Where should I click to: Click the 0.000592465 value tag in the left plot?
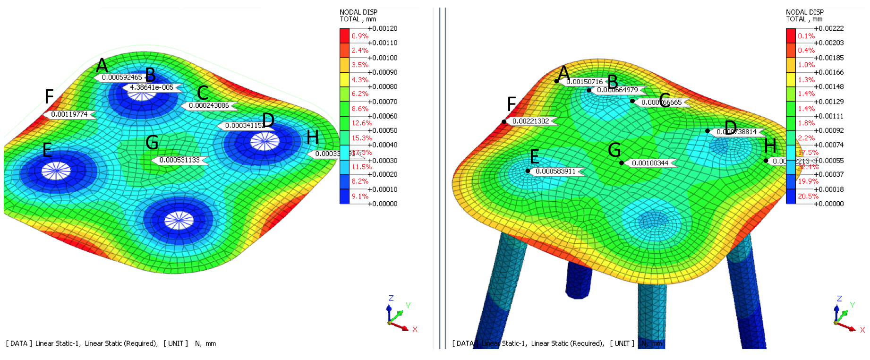pos(121,77)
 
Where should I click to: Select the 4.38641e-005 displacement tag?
pos(151,87)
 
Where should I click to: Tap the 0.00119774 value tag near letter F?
pos(69,114)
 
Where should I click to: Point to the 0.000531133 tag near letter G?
pos(179,160)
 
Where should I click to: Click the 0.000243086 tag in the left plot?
pos(209,105)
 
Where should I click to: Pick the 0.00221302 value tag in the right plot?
pos(530,121)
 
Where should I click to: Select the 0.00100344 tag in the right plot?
pos(650,163)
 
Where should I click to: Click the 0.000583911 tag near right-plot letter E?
pos(555,171)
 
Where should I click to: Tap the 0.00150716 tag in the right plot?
pos(584,82)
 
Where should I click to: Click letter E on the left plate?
pos(47,150)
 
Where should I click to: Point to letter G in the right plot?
pos(614,150)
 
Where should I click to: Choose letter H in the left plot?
pos(312,137)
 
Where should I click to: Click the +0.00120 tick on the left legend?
pos(383,28)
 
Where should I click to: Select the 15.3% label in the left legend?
pos(361,138)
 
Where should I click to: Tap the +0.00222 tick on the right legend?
pos(829,28)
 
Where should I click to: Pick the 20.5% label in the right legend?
pos(808,196)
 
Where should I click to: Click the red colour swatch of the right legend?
pos(791,36)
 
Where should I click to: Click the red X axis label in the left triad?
pos(415,329)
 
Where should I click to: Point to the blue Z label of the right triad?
pos(839,299)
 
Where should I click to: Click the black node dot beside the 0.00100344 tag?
pos(622,163)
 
